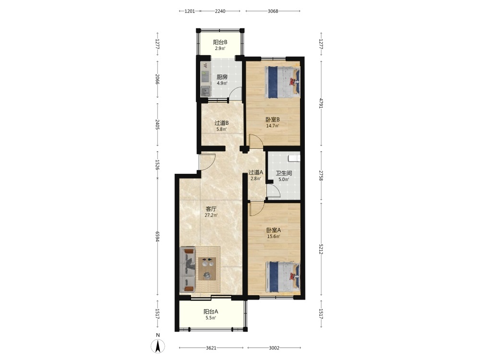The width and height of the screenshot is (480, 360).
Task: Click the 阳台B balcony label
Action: [x=220, y=42]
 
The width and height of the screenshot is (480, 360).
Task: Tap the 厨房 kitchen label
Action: [x=222, y=77]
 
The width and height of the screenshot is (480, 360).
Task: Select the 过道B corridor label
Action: [x=222, y=123]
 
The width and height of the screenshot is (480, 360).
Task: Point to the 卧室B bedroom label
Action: [x=273, y=120]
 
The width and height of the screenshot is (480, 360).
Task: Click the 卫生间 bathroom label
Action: [x=284, y=173]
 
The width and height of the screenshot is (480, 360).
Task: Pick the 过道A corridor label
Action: [x=256, y=172]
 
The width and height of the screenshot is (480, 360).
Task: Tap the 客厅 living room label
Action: [x=211, y=209]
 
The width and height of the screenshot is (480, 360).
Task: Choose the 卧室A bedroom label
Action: [x=274, y=230]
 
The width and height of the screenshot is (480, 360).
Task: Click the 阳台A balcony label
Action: [x=211, y=312]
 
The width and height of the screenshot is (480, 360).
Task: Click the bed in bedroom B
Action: [x=282, y=82]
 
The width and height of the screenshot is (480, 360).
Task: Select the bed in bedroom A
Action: [x=283, y=276]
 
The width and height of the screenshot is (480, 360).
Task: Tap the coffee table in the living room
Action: [x=207, y=269]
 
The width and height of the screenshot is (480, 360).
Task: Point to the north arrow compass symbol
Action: [x=158, y=345]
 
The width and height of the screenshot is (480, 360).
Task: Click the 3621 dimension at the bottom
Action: [x=211, y=348]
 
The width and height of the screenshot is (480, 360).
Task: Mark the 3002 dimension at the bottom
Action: [x=274, y=348]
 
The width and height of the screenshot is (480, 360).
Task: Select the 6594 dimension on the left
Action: [x=157, y=237]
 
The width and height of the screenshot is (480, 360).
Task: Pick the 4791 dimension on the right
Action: [x=321, y=103]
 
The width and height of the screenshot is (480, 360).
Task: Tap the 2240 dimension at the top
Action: [x=220, y=12]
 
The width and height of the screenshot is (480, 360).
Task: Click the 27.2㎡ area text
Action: [x=211, y=216]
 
